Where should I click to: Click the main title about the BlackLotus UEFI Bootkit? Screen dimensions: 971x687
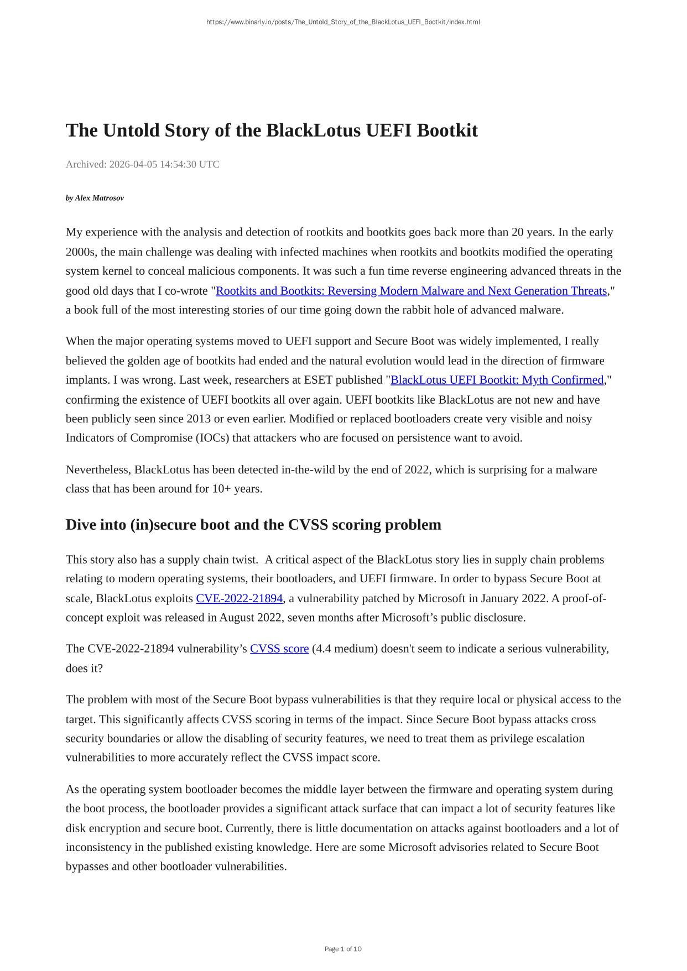tap(272, 130)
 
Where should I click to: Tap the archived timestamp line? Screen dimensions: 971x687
tap(142, 164)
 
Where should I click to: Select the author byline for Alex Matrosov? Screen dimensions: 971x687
tap(95, 198)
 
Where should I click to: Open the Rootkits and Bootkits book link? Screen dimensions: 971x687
tap(411, 291)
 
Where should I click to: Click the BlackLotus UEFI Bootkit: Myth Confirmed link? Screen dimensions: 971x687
tap(497, 380)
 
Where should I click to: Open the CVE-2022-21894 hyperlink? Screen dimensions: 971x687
tap(239, 598)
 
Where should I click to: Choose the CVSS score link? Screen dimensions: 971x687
tap(279, 649)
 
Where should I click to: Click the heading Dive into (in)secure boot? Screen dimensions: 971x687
tap(253, 524)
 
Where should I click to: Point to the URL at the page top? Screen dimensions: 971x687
tap(343, 22)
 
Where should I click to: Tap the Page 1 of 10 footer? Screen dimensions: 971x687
tap(343, 949)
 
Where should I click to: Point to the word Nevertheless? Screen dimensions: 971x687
tap(98, 470)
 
